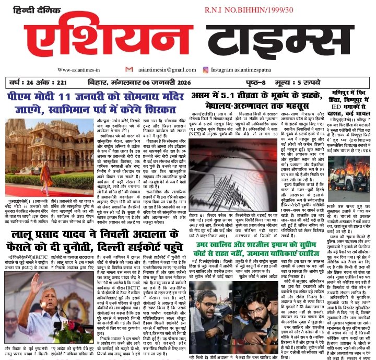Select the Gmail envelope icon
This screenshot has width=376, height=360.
[128, 69]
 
